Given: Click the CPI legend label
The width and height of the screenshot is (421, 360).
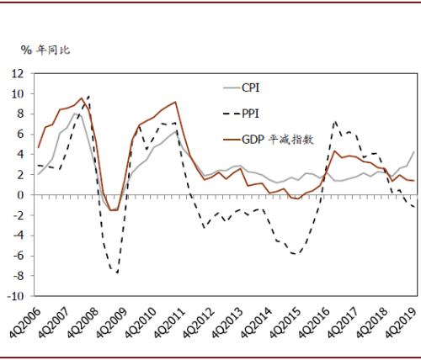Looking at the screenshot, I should [x=250, y=87].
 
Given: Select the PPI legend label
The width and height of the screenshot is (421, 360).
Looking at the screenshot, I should [x=250, y=114].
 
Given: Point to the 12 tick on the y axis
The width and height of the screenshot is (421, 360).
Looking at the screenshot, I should [x=19, y=73].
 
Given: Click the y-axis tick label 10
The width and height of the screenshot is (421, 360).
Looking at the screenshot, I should [x=19, y=93].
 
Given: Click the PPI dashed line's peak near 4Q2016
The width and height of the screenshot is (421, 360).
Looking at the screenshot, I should [x=335, y=121].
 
